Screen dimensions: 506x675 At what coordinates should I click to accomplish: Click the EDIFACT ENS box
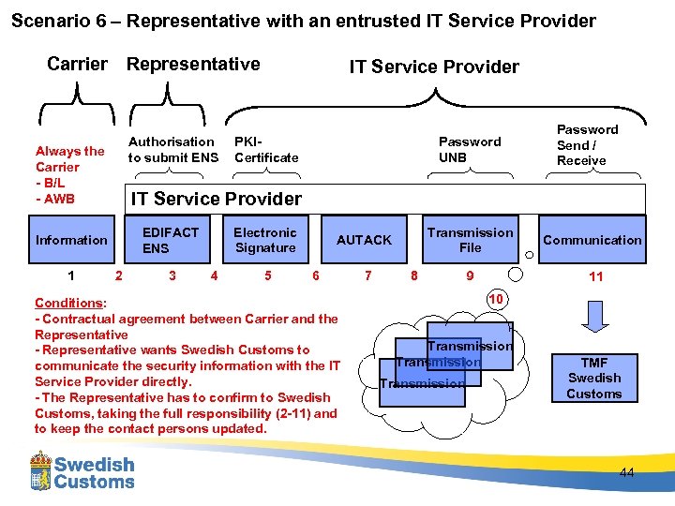pos(170,240)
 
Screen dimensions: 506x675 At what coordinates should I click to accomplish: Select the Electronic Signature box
pos(264,240)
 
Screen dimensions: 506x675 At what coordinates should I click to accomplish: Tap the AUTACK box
pos(364,240)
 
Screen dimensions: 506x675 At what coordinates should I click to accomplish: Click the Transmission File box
pos(470,240)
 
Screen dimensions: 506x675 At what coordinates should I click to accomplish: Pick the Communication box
pos(592,240)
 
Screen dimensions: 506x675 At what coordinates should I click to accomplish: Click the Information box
pos(71,240)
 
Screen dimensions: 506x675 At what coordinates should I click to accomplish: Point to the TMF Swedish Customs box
pos(593,378)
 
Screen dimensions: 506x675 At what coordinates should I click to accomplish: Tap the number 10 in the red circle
pos(497,298)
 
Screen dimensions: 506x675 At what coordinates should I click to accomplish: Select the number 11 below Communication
pos(595,276)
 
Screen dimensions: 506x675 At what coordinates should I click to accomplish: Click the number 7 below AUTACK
pos(367,275)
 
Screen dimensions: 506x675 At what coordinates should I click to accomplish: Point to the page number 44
pos(626,473)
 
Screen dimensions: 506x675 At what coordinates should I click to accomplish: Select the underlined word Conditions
pos(68,303)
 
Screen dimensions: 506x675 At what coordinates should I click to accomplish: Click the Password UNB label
pos(470,150)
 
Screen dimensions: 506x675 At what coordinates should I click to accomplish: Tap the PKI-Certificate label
pos(265,150)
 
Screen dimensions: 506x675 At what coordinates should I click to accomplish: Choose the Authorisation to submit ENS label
pos(172,150)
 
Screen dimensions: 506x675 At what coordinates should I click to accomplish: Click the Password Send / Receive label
pos(587,145)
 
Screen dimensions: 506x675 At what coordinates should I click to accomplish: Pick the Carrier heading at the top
pos(77,64)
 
